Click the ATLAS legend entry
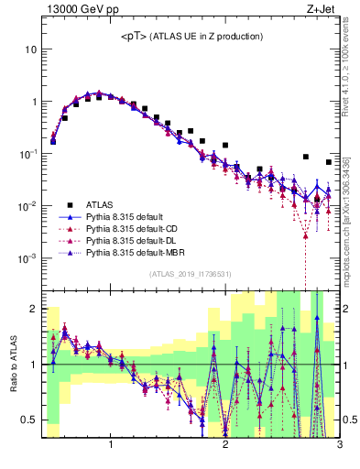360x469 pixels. (99, 205)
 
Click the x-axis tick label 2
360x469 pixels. (225, 446)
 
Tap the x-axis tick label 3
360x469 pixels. (339, 446)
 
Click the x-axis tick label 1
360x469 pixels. (111, 446)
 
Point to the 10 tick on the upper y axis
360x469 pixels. (31, 49)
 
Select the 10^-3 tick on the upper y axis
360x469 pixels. (27, 258)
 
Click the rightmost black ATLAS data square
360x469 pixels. (329, 162)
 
